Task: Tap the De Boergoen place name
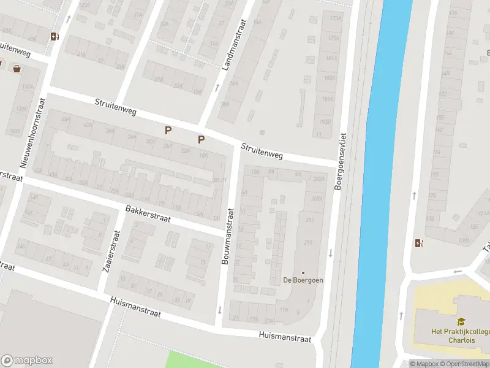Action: click(303, 280)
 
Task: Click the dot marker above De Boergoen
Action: click(303, 272)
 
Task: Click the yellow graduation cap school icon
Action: click(461, 321)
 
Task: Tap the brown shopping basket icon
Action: click(17, 68)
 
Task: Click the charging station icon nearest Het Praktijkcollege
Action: click(418, 243)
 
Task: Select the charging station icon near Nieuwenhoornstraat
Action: click(55, 36)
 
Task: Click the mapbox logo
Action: click(27, 361)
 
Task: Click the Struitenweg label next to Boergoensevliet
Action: click(262, 151)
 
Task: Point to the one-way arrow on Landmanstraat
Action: click(216, 86)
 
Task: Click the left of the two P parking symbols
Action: click(167, 130)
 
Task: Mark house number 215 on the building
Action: click(308, 243)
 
